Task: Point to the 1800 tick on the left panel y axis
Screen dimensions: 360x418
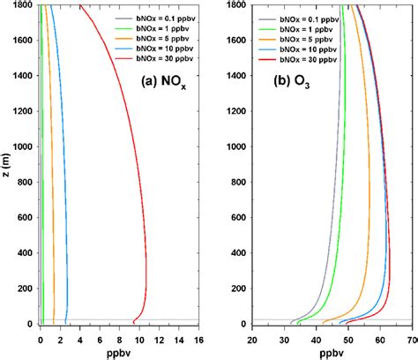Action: click(x=24, y=6)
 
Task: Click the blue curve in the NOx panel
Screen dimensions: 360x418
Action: click(x=65, y=221)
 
